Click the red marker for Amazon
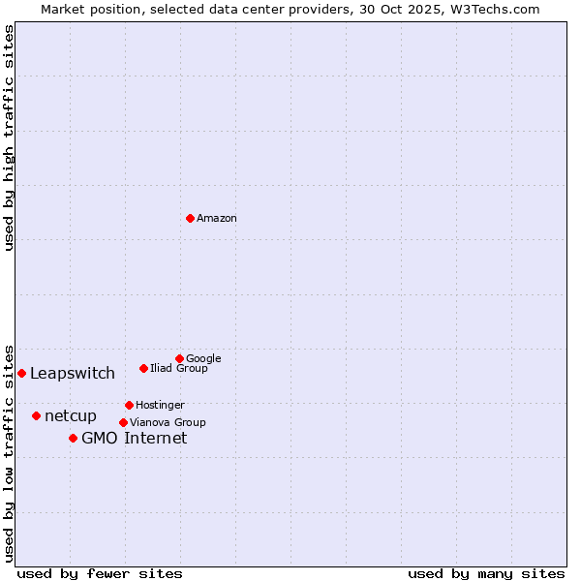[x=190, y=218]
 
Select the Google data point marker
[x=179, y=358]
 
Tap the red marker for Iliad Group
[x=143, y=368]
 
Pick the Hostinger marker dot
[x=129, y=405]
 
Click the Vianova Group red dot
[x=123, y=422]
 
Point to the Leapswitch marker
[x=21, y=373]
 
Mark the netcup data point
[x=36, y=415]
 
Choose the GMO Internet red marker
[x=73, y=438]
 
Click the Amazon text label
[x=217, y=218]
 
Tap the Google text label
[x=203, y=358]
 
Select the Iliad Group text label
[x=179, y=368]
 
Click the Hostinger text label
[x=160, y=405]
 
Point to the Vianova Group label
[x=168, y=422]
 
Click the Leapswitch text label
[x=73, y=374]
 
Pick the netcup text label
[x=71, y=416]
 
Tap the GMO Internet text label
[x=134, y=439]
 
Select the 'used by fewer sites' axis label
[x=100, y=573]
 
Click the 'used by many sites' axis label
[x=486, y=573]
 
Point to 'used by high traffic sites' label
[x=9, y=138]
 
